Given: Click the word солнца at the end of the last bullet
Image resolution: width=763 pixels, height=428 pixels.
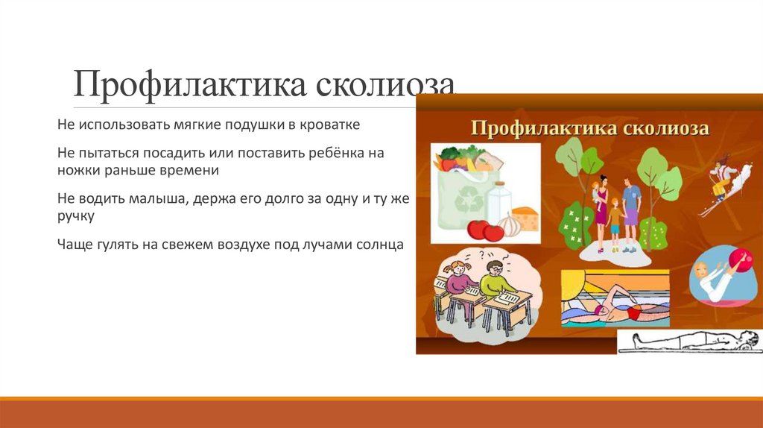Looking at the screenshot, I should (x=377, y=244).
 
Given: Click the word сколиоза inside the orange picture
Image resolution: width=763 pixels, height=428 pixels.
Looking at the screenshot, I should (x=668, y=128).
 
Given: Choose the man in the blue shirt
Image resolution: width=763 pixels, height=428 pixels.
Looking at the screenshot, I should (x=631, y=209).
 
